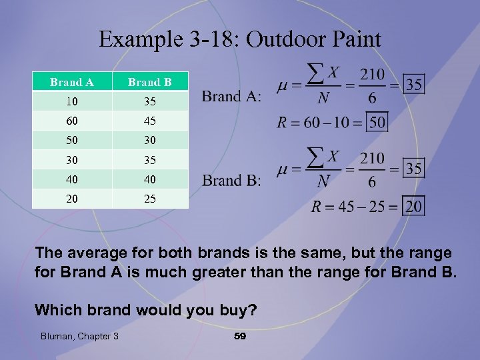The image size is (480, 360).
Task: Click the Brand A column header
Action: [71, 83]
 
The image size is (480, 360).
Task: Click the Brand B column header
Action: [150, 83]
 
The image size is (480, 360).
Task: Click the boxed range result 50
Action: [377, 123]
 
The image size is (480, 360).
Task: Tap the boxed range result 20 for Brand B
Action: [414, 206]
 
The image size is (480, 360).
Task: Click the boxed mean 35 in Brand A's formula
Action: [414, 85]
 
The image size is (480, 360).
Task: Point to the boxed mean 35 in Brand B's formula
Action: [414, 168]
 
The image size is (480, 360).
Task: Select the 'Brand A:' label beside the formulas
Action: [232, 97]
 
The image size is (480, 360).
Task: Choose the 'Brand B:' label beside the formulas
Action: [232, 181]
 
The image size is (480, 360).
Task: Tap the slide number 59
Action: [240, 336]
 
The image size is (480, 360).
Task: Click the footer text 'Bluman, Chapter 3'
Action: [78, 336]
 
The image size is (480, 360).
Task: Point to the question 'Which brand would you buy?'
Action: [145, 309]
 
